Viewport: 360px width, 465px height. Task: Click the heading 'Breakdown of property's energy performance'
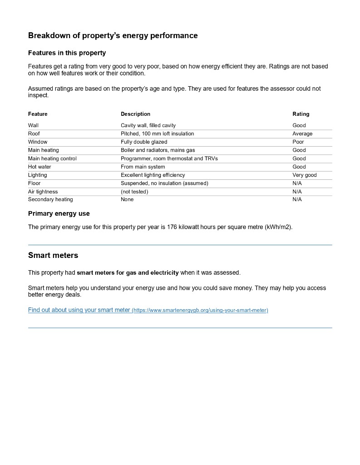(x=113, y=35)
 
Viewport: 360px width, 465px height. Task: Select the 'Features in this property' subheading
(x=67, y=53)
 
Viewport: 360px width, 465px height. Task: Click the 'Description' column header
(x=135, y=114)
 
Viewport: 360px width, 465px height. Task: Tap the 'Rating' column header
(x=301, y=114)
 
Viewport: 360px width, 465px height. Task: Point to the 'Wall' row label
(x=33, y=125)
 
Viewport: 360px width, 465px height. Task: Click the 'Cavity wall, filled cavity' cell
(x=148, y=125)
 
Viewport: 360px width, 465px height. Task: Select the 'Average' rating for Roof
(x=302, y=134)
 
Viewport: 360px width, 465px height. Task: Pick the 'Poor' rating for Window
(x=298, y=142)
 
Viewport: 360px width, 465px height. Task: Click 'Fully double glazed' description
(x=144, y=142)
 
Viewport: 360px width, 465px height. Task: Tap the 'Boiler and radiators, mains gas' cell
(x=158, y=150)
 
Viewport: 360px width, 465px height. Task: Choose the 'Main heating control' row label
(x=52, y=158)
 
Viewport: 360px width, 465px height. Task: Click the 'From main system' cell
(x=143, y=167)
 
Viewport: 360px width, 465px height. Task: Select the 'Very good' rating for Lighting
(x=304, y=175)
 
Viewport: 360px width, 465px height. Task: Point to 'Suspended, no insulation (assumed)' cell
(x=164, y=183)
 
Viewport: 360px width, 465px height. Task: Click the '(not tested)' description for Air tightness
(x=134, y=192)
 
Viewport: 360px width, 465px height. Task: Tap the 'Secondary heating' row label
(x=50, y=199)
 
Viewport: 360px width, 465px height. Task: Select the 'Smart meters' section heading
(x=53, y=255)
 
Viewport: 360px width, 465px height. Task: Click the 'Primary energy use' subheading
(x=59, y=213)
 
